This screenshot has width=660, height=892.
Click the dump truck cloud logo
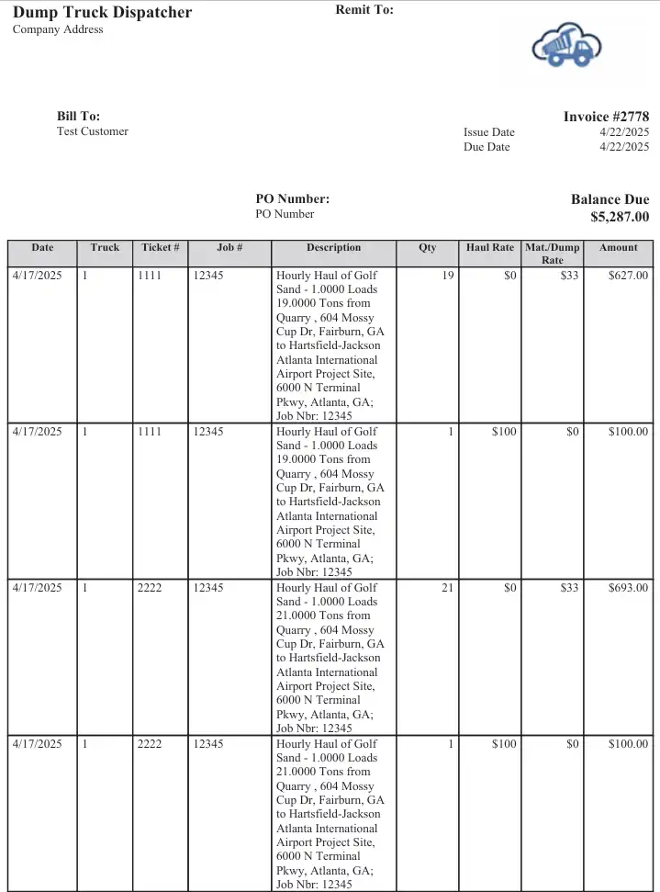[566, 46]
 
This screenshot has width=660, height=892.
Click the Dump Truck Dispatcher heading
[103, 12]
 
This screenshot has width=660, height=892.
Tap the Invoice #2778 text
[606, 117]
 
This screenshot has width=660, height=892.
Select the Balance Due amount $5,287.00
[620, 217]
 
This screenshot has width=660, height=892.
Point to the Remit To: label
[364, 10]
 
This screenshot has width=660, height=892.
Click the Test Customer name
[93, 131]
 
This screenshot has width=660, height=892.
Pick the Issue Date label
[489, 132]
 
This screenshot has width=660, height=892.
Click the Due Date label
[487, 147]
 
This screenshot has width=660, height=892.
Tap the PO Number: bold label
[292, 198]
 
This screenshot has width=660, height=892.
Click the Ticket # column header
[161, 247]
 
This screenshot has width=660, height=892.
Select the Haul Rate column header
[490, 247]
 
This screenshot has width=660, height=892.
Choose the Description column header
[333, 247]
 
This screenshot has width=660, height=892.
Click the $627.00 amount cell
[628, 275]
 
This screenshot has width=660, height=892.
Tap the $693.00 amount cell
[628, 588]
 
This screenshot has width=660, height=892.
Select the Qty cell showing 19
[447, 275]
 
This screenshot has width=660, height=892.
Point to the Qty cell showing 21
[447, 588]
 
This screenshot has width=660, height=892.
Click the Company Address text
[58, 29]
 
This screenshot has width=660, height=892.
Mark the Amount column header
[619, 247]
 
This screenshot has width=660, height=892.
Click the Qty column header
[428, 247]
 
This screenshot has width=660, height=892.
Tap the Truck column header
[105, 247]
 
